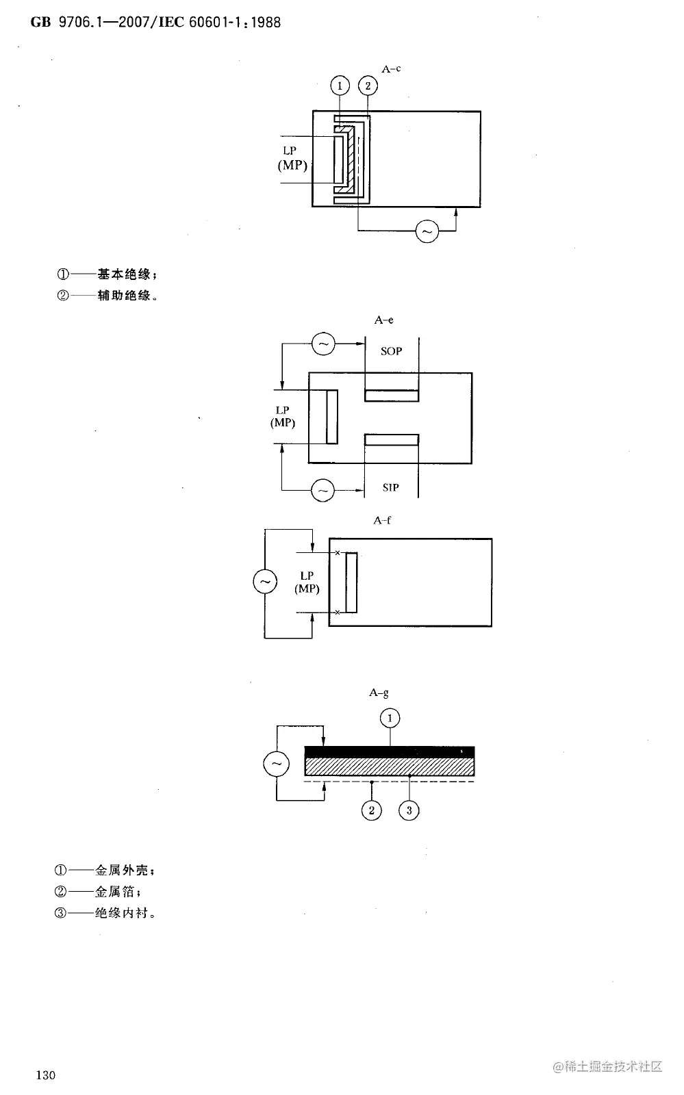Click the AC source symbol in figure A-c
coord(427,232)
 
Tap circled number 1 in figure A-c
coord(340,86)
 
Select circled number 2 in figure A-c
coord(368,86)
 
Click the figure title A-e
coord(383,320)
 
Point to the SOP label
coord(391,351)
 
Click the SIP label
coord(390,487)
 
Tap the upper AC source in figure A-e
coord(323,344)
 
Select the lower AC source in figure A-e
coord(323,490)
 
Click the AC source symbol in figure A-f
coord(265,582)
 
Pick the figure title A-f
coord(382,520)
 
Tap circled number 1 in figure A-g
coord(390,718)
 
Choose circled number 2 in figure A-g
coord(371,810)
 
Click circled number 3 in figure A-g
coord(409,810)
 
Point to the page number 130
coord(45,1074)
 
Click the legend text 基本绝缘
coord(124,274)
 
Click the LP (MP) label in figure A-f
coord(307,582)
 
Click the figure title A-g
coord(379,693)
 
